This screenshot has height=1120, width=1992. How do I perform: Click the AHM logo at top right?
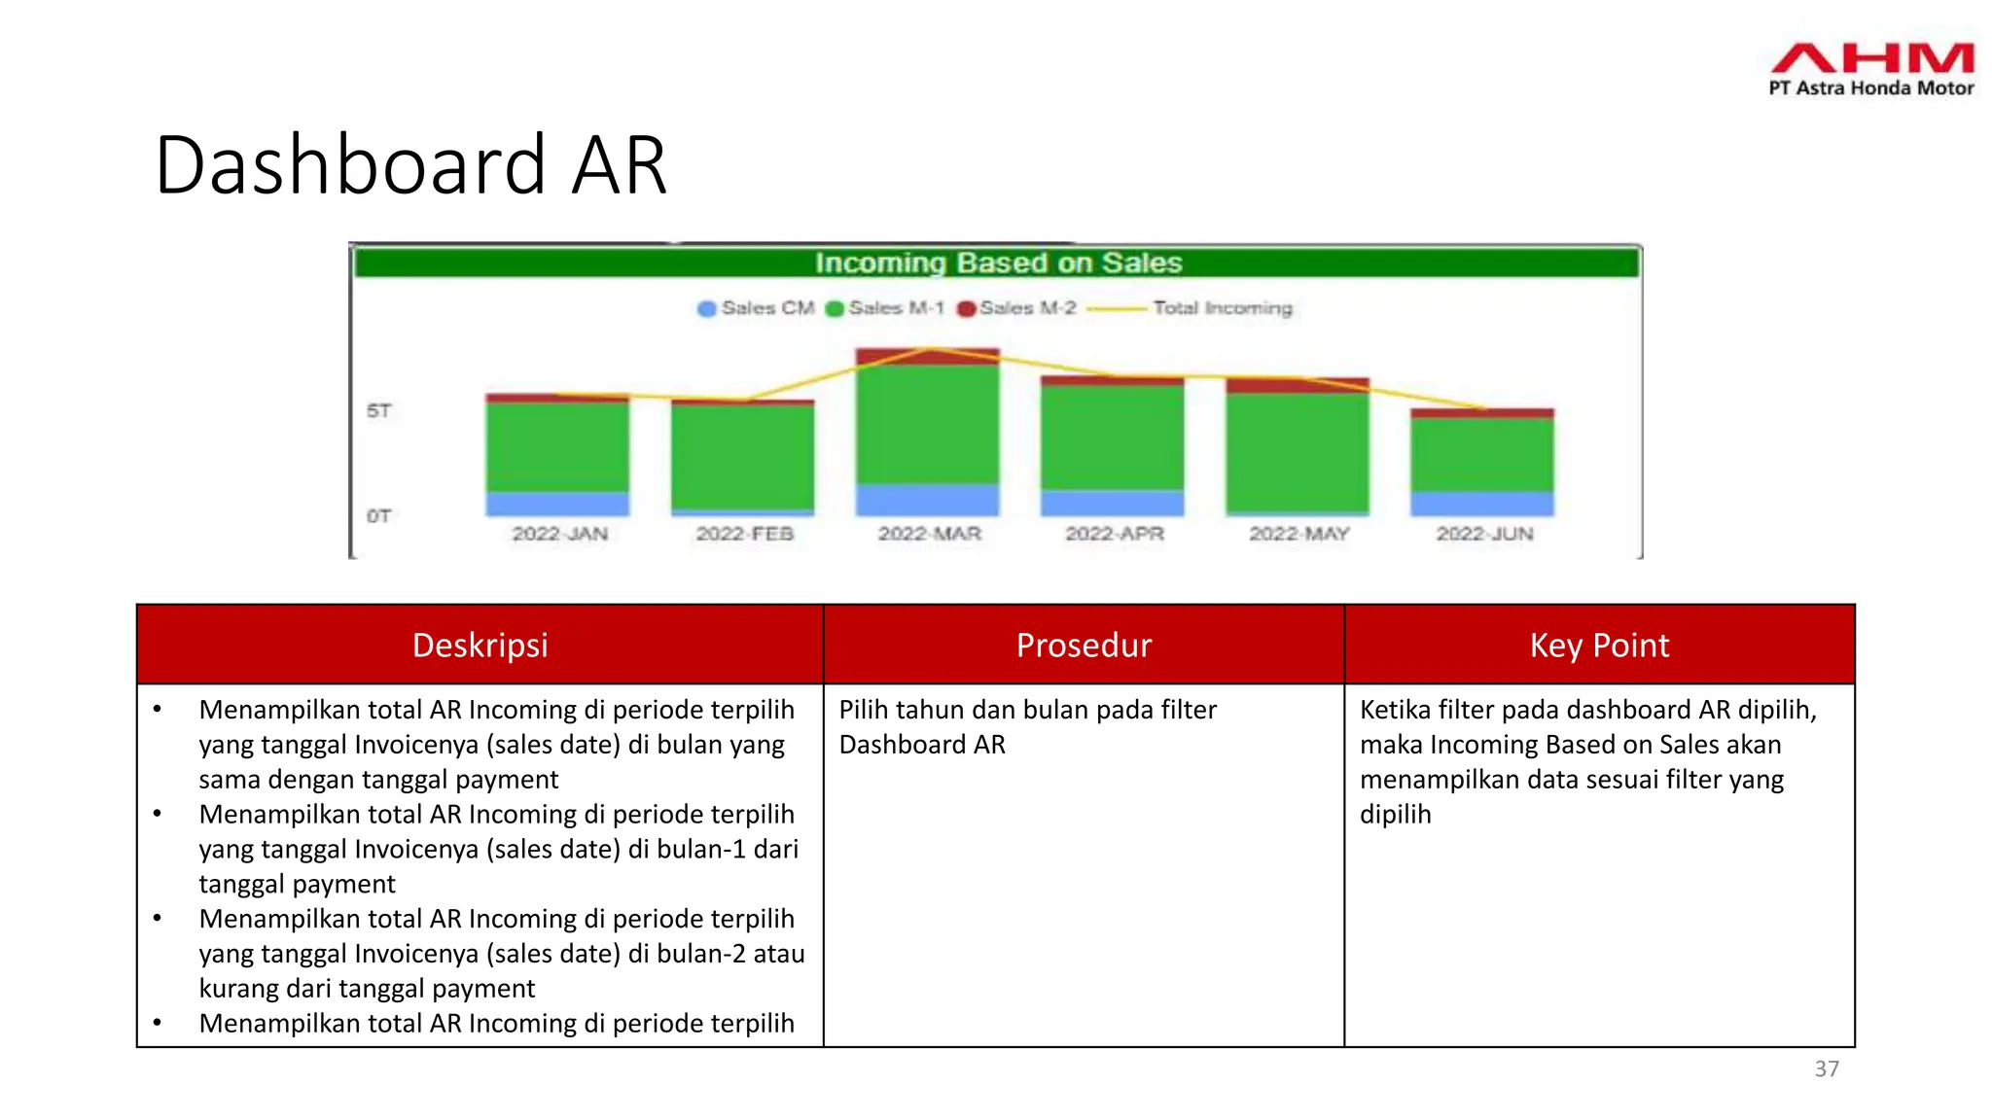(x=1871, y=68)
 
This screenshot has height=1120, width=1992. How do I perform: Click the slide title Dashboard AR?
(x=410, y=165)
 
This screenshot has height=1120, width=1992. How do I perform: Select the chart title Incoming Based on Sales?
(x=998, y=262)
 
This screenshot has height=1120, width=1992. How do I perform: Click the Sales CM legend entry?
(x=756, y=308)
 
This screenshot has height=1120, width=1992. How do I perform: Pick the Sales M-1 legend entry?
(x=884, y=308)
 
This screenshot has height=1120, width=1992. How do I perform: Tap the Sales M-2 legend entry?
(x=1016, y=308)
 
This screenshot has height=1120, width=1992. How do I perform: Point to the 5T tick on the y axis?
(x=378, y=410)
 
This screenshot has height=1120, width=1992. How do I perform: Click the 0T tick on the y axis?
(x=378, y=515)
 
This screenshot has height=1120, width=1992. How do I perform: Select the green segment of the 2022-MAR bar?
(x=927, y=424)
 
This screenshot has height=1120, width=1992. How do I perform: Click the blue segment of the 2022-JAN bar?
(x=557, y=503)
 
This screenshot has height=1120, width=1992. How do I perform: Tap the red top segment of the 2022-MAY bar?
(x=1297, y=386)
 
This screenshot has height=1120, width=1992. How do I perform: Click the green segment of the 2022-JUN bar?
(x=1482, y=453)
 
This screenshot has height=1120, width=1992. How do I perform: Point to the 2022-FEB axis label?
(x=744, y=534)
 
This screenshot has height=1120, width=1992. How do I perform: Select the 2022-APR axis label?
(x=1114, y=534)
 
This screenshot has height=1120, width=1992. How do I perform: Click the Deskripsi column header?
(x=480, y=645)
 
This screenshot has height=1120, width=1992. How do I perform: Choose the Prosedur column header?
(x=1084, y=645)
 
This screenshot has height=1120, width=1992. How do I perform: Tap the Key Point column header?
(x=1599, y=645)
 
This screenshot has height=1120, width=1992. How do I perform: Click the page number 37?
(x=1827, y=1068)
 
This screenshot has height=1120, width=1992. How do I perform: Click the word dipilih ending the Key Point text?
(x=1395, y=814)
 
